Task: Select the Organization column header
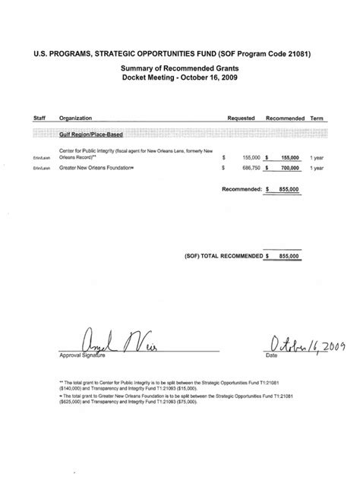(x=78, y=118)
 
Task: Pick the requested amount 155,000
(x=248, y=156)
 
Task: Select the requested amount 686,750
(x=248, y=168)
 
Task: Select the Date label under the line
(x=270, y=355)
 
